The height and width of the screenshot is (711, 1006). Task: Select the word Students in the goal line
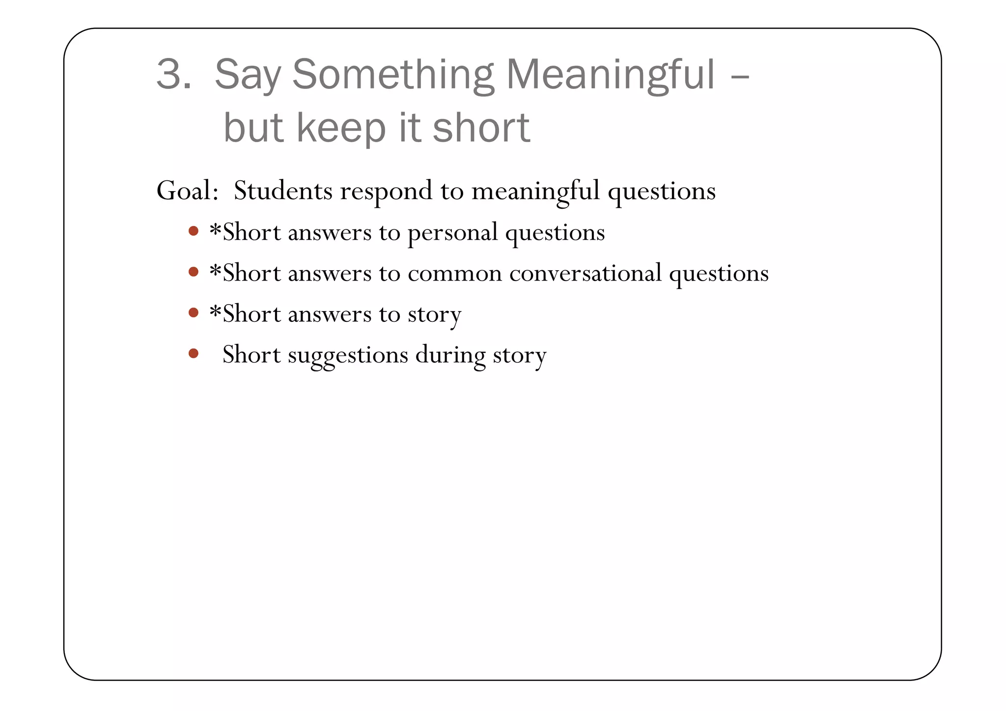tap(283, 191)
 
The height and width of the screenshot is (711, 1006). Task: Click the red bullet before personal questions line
tap(194, 231)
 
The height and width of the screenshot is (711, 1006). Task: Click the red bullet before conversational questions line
tap(194, 272)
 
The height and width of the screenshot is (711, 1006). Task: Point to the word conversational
tap(585, 273)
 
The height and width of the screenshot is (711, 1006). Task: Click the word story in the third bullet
tap(434, 315)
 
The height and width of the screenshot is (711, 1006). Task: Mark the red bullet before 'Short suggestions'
tap(194, 353)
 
